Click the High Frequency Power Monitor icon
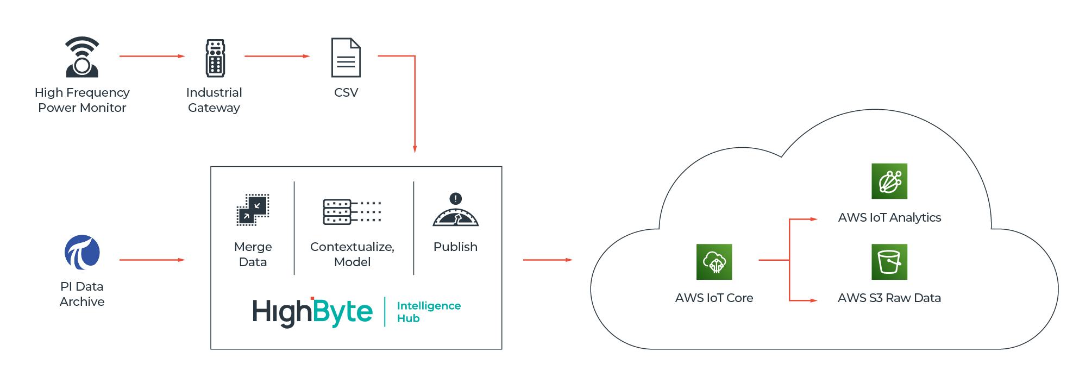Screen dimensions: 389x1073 pos(82,57)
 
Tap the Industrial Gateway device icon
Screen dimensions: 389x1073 pos(215,58)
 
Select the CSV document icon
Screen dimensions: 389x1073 pos(346,58)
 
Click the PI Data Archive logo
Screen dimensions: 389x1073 pos(82,252)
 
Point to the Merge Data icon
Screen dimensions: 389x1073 pos(253,210)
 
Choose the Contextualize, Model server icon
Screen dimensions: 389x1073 pos(352,211)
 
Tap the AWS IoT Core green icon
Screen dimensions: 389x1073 pos(714,262)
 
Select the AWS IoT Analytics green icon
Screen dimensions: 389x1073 pos(889,181)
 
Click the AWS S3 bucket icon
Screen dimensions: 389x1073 pos(889,262)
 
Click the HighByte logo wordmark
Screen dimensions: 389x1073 pos(312,312)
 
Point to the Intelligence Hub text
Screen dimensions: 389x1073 pos(428,312)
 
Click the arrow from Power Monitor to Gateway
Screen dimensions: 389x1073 pos(152,56)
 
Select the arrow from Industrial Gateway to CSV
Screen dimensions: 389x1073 pos(277,56)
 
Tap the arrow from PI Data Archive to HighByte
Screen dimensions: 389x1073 pos(152,260)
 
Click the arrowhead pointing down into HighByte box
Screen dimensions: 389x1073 pos(415,149)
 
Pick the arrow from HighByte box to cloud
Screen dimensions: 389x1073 pos(548,260)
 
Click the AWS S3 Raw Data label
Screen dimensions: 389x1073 pos(889,298)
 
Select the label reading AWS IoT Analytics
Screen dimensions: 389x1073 pos(889,217)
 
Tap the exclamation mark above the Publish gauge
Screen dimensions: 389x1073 pos(456,198)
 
